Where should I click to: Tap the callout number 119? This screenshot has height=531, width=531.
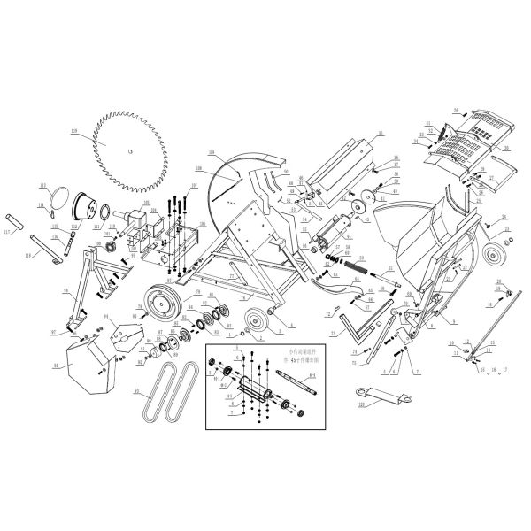click(x=75, y=134)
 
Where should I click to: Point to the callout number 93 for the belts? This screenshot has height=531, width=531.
click(x=135, y=389)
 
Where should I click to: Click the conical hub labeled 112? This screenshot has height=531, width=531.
click(x=85, y=205)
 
